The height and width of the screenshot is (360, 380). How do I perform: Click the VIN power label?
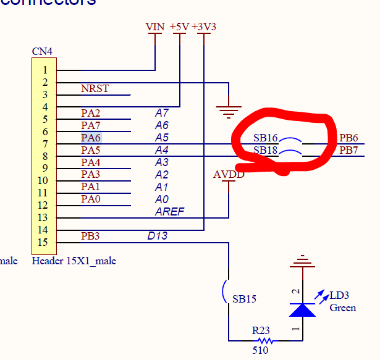155,27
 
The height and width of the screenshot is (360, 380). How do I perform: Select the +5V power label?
179,27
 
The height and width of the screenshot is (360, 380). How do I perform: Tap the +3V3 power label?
204,27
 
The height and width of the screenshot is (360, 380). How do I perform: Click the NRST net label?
95,88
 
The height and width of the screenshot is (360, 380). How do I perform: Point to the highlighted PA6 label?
90,138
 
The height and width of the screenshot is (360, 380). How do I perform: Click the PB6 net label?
348,138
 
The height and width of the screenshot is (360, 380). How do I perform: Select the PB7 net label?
348,150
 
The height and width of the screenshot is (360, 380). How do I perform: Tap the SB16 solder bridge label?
266,138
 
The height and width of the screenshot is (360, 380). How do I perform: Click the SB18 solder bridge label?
266,150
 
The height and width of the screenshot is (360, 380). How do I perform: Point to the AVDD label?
229,174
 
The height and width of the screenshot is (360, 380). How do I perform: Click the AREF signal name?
169,212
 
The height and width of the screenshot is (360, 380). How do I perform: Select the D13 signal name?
157,236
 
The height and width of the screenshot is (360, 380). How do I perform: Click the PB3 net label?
90,236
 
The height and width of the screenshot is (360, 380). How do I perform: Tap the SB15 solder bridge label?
245,299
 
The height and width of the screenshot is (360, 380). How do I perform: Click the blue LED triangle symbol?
303,309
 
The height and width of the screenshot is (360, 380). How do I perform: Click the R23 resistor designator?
261,330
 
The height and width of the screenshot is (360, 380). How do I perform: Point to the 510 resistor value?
261,351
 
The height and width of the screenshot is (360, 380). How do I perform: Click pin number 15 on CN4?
44,242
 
